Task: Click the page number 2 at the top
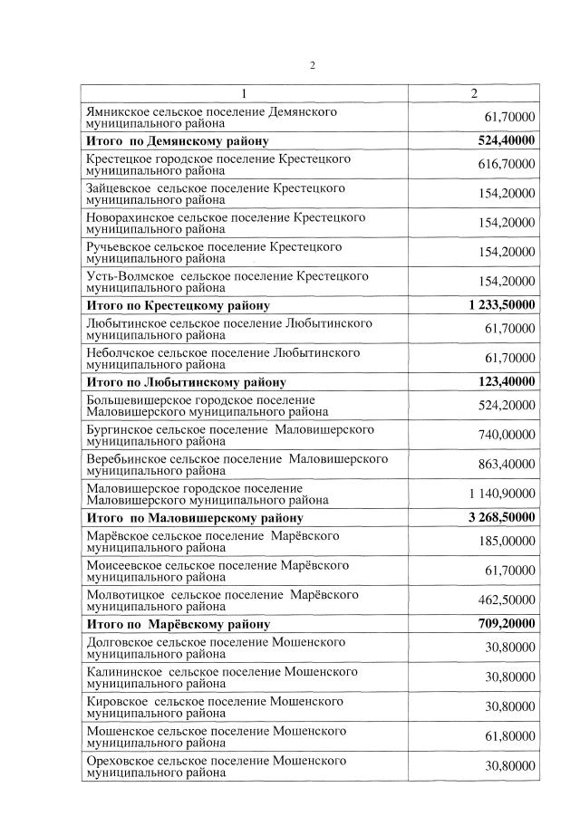(x=312, y=65)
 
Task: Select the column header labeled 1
(x=244, y=93)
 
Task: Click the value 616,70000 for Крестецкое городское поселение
(x=506, y=164)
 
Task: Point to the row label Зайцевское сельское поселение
(x=216, y=194)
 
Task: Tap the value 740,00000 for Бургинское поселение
(x=506, y=434)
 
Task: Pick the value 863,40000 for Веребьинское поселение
(x=506, y=464)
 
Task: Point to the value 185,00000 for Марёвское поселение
(x=506, y=541)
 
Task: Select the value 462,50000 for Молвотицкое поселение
(x=506, y=600)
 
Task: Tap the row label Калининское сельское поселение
(x=221, y=677)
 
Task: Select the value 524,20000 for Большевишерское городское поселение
(x=506, y=405)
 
